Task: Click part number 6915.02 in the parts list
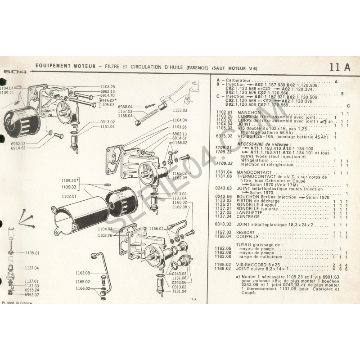click(223, 135)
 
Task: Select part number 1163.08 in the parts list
click(223, 256)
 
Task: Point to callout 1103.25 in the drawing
click(108, 86)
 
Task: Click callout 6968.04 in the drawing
click(124, 106)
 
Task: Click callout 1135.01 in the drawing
click(32, 253)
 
